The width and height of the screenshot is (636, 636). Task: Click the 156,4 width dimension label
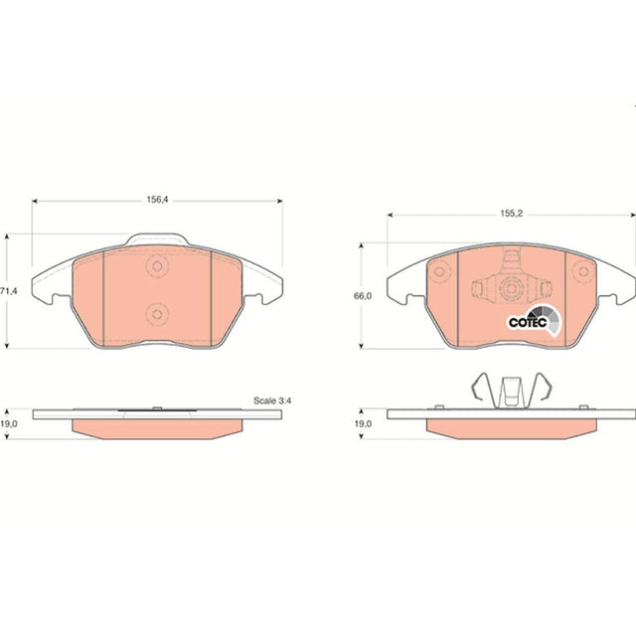pyautogui.click(x=157, y=200)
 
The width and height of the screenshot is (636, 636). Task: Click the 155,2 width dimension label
pyautogui.click(x=512, y=214)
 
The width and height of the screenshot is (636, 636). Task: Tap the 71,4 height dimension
pyautogui.click(x=9, y=291)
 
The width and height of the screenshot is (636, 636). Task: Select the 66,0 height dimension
pyautogui.click(x=362, y=296)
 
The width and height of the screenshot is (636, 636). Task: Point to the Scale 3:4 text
pyautogui.click(x=272, y=400)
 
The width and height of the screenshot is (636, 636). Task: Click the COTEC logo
pyautogui.click(x=535, y=322)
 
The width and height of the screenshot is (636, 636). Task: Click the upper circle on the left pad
pyautogui.click(x=157, y=266)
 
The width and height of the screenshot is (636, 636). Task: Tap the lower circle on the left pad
pyautogui.click(x=157, y=314)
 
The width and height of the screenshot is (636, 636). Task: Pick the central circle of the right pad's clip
pyautogui.click(x=511, y=289)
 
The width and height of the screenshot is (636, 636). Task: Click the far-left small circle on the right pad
pyautogui.click(x=439, y=271)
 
